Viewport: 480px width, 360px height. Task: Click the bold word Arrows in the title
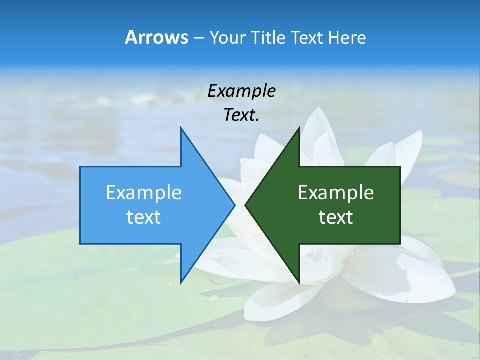click(x=156, y=38)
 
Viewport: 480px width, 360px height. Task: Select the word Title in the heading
click(x=270, y=38)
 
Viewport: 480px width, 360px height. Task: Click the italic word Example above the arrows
click(x=241, y=91)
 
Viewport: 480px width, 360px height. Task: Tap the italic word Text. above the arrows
click(x=241, y=115)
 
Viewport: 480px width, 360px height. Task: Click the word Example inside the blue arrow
click(x=143, y=193)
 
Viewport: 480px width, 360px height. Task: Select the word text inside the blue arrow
click(x=143, y=217)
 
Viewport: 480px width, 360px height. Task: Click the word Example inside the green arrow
click(x=336, y=193)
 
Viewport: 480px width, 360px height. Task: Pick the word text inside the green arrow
click(x=336, y=217)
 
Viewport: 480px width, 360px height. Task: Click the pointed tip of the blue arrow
click(x=235, y=205)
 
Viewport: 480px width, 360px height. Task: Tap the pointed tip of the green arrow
click(x=245, y=205)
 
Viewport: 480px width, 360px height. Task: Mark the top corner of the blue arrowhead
click(x=181, y=128)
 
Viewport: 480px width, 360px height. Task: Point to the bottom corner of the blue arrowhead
click(x=181, y=283)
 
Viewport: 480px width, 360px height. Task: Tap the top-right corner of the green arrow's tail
click(x=400, y=167)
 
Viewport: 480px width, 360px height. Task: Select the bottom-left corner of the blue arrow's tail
click(x=80, y=244)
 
